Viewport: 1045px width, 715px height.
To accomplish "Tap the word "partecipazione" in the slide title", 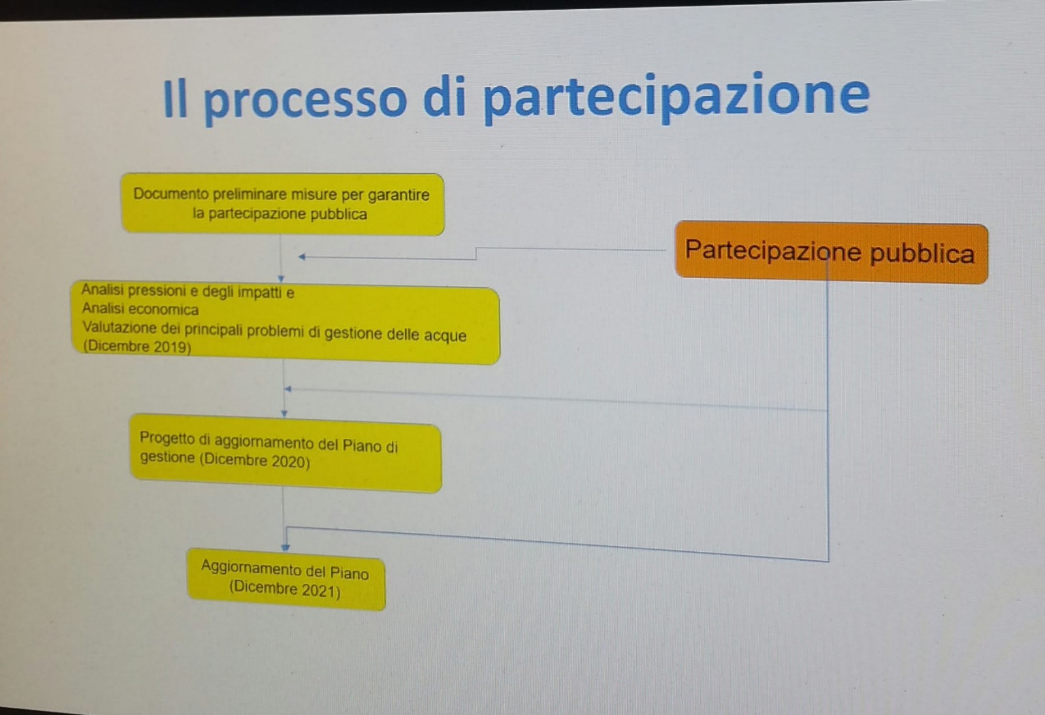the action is tap(676, 98).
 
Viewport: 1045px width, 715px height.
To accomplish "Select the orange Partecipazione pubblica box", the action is tap(831, 252).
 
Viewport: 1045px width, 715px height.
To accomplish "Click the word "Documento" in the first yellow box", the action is tap(170, 193).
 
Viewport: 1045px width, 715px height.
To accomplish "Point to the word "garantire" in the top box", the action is tap(398, 195).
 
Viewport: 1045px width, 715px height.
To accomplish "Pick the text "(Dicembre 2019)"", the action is tap(137, 347).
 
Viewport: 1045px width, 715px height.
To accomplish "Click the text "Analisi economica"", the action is tap(140, 309).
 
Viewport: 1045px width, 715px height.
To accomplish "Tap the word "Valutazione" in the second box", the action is tap(120, 327).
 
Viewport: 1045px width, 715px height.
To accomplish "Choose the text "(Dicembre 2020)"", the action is tap(255, 460).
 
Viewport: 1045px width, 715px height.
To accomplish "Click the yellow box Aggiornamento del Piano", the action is tap(286, 579).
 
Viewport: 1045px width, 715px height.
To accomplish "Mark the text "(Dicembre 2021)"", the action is tap(285, 589).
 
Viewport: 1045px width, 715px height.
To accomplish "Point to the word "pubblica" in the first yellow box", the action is tap(338, 215).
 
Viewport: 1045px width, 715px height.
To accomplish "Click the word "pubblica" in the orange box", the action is tap(922, 254).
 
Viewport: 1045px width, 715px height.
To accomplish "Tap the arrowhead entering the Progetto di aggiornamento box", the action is tap(284, 413).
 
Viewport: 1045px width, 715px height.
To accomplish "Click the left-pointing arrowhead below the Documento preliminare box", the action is tap(302, 257).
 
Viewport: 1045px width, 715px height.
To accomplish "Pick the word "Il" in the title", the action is tap(176, 99).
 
